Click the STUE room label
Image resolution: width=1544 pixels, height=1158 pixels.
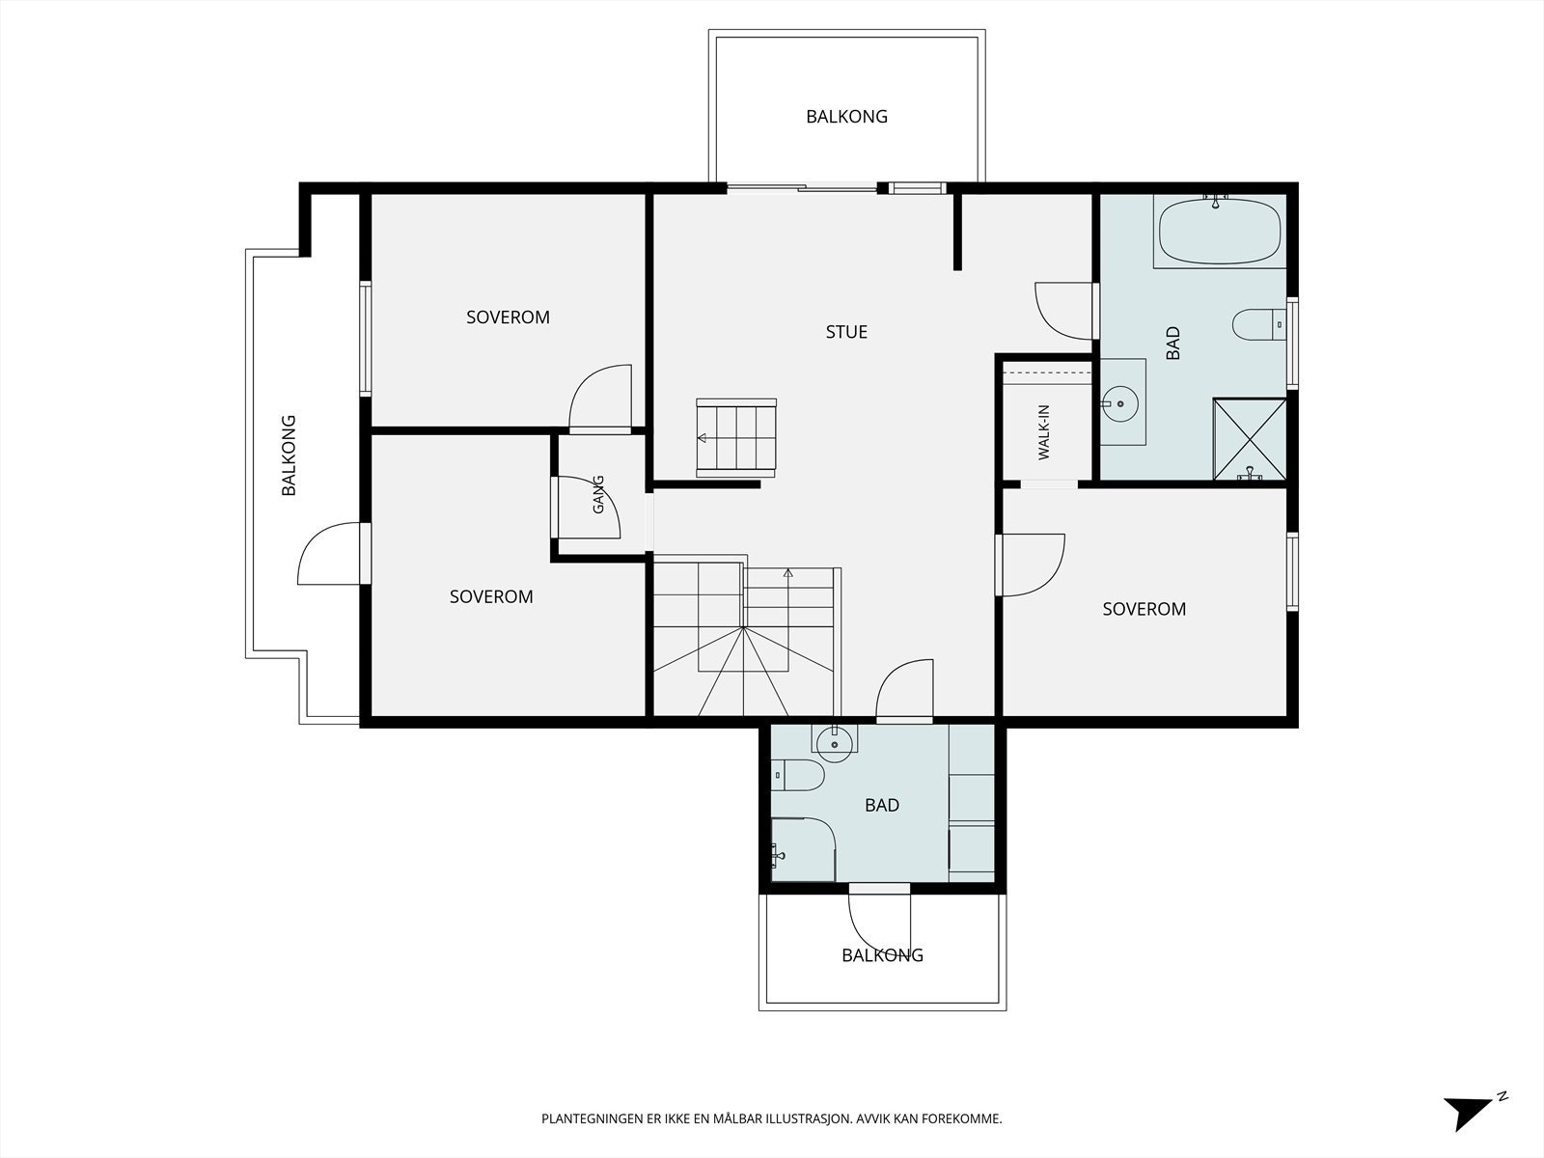846,332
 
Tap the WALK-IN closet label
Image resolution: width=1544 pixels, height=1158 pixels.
1044,432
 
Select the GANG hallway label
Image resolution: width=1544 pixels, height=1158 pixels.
598,494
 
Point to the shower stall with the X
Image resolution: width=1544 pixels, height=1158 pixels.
1250,439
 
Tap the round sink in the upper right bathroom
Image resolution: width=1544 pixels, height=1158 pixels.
1119,403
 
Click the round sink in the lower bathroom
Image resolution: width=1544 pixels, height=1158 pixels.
835,743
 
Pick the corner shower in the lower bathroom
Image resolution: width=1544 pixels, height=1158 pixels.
803,849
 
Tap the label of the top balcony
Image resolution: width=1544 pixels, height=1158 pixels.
846,117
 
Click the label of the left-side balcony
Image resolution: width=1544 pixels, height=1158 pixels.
289,455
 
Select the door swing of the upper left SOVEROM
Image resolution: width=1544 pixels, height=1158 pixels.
600,398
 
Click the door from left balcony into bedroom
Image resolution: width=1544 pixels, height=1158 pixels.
331,553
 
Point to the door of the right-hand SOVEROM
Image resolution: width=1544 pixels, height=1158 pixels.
1031,565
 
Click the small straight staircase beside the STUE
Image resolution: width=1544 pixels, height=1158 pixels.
736,438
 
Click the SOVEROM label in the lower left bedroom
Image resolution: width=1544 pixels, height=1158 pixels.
491,597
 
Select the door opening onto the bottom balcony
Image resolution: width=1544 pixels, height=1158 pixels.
879,921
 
